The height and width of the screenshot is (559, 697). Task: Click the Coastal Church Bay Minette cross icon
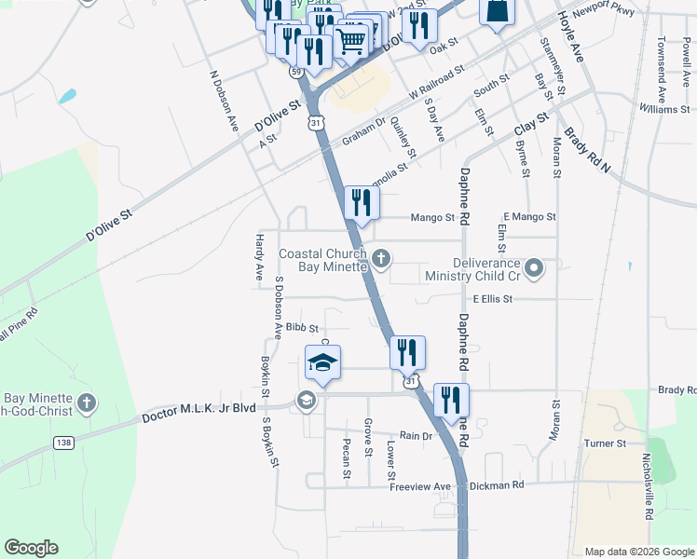[x=380, y=257]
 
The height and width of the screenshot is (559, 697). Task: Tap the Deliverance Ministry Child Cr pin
[x=534, y=269]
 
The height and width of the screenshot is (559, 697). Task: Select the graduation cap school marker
[x=322, y=363]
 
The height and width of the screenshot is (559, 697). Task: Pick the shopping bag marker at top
[x=496, y=12]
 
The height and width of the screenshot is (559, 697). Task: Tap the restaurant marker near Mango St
[x=361, y=203]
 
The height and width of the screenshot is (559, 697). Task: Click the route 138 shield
[x=63, y=443]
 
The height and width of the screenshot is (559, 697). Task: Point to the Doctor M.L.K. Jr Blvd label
[x=198, y=415]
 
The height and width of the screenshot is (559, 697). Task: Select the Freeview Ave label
[x=420, y=486]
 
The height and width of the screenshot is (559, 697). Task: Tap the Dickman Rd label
[x=498, y=484]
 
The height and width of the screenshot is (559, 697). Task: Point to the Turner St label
[x=606, y=443]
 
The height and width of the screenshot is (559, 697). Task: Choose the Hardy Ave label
[x=259, y=258]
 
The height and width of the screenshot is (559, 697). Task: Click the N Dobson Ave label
[x=222, y=103]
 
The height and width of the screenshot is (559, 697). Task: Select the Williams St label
[x=663, y=110]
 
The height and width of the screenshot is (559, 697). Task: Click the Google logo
[x=31, y=548]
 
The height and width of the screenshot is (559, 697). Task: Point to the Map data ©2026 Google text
[x=638, y=552]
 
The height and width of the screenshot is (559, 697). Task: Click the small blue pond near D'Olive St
[x=66, y=96]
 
